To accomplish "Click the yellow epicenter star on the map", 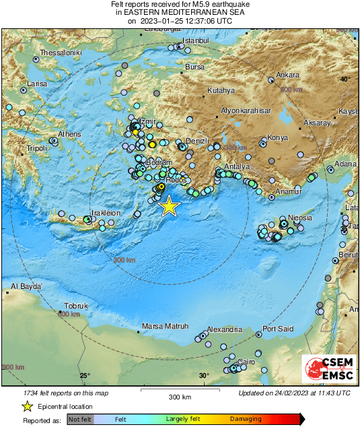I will (x=170, y=206).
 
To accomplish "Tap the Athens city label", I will (x=69, y=135).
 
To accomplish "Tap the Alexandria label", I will (x=224, y=329).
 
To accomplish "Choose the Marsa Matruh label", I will (x=165, y=327).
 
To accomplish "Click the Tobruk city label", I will (x=76, y=306).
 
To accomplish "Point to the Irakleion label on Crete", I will (x=106, y=213).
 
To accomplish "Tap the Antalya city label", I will (x=236, y=166).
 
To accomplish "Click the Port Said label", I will (x=278, y=329).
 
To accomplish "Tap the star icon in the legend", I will (x=27, y=406).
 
